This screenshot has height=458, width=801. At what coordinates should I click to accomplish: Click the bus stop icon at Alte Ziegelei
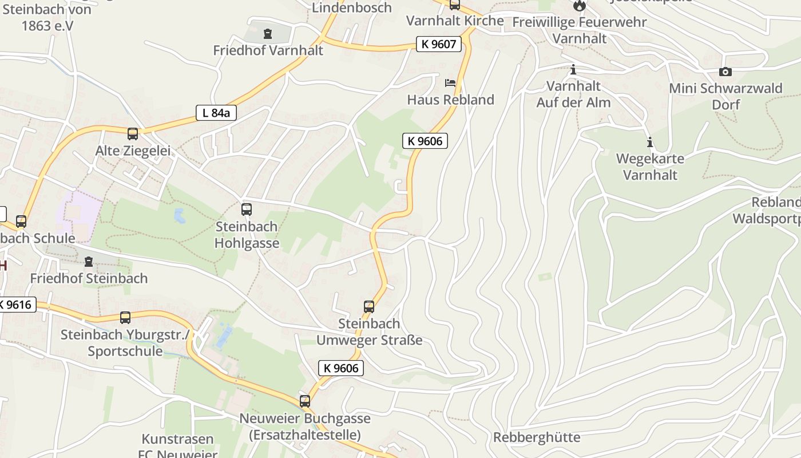point(133,134)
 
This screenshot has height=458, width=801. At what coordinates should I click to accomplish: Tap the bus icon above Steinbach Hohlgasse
point(247,210)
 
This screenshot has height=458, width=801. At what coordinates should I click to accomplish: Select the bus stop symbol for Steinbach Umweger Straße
point(369,307)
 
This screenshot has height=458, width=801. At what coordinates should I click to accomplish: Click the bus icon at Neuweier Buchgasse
point(305,401)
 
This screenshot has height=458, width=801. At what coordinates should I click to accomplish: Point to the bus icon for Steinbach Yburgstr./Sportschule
point(125,318)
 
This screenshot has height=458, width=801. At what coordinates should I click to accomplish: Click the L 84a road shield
point(216,113)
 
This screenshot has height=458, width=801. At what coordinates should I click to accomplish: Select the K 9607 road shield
point(438,44)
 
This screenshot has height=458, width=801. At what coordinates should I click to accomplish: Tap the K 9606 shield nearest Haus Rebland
point(425,141)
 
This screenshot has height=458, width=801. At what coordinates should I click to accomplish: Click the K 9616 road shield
point(17,305)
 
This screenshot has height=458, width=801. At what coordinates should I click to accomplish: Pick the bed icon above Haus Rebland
point(450,83)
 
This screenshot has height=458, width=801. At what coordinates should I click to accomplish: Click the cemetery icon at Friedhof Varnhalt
point(268,34)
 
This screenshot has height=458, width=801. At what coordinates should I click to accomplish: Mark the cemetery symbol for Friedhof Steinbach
point(89,262)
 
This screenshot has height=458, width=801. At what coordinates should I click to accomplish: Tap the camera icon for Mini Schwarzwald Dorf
point(725,72)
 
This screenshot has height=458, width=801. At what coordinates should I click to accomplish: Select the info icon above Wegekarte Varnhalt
point(649,142)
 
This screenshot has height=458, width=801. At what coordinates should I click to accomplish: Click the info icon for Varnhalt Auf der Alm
point(573,70)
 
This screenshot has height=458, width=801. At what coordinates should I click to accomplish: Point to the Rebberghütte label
point(536,437)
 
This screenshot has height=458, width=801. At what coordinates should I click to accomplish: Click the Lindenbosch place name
point(352,7)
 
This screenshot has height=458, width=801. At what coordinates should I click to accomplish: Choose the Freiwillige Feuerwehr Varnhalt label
point(579,30)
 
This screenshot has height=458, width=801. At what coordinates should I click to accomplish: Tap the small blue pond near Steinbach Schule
point(180,216)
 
